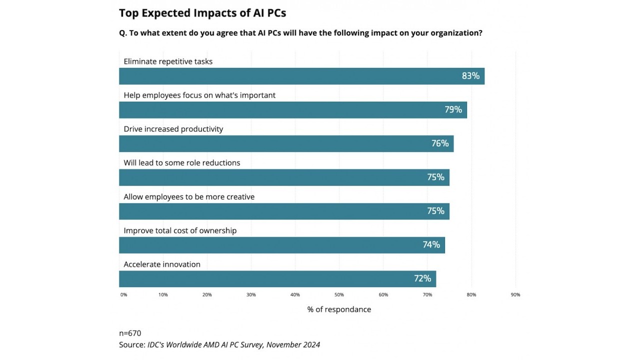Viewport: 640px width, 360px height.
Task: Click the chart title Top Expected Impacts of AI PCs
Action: coord(202,13)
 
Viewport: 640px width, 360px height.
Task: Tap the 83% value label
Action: coord(470,76)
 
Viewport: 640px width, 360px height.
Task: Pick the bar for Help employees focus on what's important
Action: coord(293,110)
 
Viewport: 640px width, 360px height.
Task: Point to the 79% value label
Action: coord(453,109)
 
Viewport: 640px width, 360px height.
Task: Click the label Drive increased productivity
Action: coord(173,129)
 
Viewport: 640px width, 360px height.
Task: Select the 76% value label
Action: coord(440,143)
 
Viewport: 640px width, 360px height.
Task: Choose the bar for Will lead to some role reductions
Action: coord(284,177)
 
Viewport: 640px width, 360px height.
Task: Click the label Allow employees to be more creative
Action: coord(189,196)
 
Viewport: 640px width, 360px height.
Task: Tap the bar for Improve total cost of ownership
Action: coord(282,245)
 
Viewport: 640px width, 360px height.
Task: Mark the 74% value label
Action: coord(431,245)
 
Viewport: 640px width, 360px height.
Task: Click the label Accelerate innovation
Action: coord(162,264)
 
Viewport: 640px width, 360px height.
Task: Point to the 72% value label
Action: coord(422,278)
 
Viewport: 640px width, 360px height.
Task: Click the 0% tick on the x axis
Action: coord(123,295)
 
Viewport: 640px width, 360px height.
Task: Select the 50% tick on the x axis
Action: coord(339,295)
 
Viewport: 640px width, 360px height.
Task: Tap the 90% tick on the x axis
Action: coord(515,295)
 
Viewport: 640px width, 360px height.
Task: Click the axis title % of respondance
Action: coord(339,309)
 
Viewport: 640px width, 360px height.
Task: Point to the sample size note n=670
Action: coord(130,333)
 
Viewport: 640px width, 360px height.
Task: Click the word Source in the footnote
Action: coord(131,344)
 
